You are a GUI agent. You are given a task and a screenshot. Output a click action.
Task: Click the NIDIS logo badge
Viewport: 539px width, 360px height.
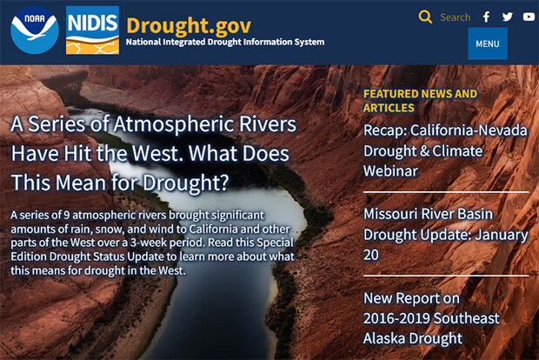click(x=92, y=30)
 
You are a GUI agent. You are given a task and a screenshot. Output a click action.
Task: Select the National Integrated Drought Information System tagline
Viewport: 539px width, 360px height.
click(x=225, y=42)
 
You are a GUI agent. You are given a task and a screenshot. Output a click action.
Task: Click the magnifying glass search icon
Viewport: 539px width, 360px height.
click(x=425, y=17)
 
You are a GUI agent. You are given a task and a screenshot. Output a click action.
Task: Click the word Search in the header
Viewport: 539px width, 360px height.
click(x=455, y=17)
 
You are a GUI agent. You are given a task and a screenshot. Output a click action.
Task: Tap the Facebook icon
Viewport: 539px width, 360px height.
click(x=487, y=17)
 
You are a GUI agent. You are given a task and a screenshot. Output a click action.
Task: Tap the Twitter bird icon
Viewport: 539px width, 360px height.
click(x=508, y=17)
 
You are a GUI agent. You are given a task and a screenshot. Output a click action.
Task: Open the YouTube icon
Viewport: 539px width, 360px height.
click(x=529, y=17)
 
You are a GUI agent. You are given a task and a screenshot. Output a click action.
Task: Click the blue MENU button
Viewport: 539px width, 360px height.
click(x=487, y=43)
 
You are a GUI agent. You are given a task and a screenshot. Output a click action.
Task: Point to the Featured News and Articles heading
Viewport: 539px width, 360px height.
click(x=420, y=101)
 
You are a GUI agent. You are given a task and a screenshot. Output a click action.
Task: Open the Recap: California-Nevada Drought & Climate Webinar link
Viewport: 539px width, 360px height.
click(x=444, y=150)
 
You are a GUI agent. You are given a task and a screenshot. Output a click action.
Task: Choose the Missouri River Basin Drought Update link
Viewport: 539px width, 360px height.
click(x=445, y=235)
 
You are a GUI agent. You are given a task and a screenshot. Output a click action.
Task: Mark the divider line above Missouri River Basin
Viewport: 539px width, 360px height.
click(x=445, y=191)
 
